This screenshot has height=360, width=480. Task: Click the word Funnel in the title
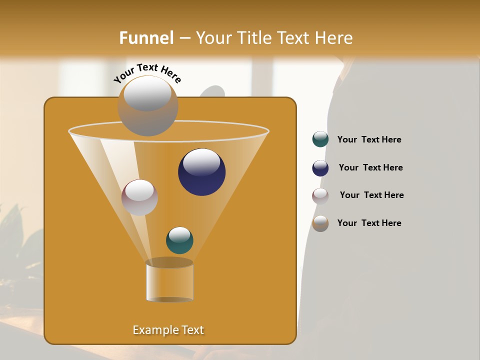[x=146, y=38]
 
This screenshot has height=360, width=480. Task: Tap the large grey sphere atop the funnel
[x=147, y=105]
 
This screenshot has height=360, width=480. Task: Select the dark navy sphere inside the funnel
[x=201, y=172]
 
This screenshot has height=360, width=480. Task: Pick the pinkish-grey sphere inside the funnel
[x=139, y=197]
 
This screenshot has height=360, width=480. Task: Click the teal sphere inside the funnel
[x=179, y=240]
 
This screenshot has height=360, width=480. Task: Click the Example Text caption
[x=168, y=330]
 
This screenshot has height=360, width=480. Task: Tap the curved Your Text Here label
[x=147, y=73]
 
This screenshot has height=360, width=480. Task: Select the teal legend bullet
[x=320, y=139]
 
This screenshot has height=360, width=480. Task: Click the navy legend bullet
[x=320, y=168]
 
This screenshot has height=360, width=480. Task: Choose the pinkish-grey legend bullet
[x=320, y=196]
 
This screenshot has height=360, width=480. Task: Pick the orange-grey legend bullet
[x=320, y=223]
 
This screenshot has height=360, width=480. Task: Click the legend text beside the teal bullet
[x=369, y=140]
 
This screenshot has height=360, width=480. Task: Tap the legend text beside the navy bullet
[x=370, y=167]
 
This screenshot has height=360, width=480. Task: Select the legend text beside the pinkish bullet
[x=371, y=195]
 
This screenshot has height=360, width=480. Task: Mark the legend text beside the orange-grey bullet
[x=369, y=223]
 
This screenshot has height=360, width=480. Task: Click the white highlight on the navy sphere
[x=201, y=162]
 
